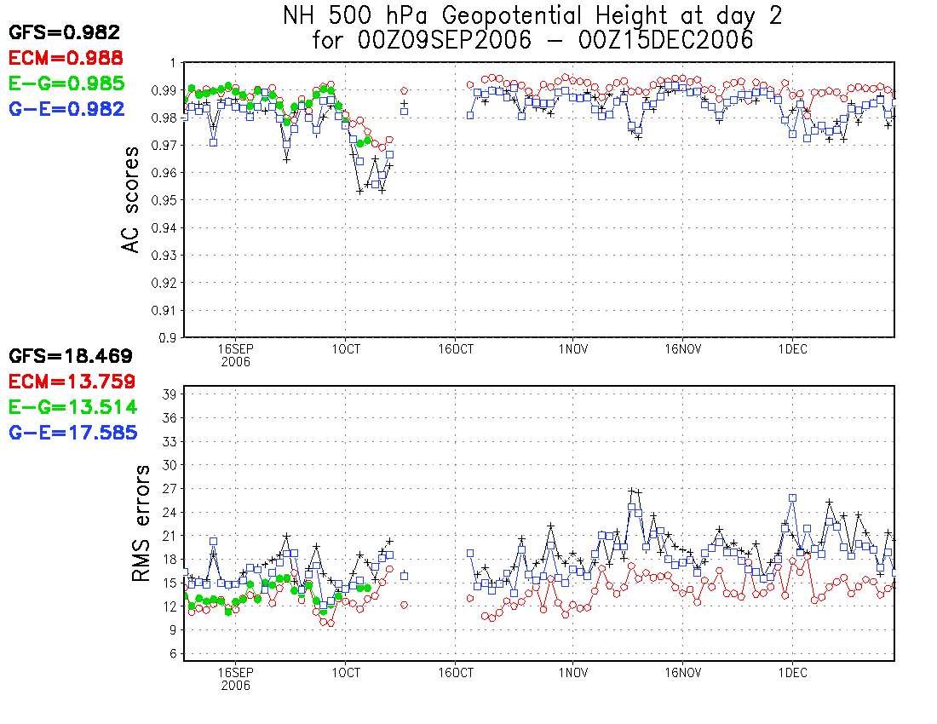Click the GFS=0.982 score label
click(65, 32)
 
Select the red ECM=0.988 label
click(66, 58)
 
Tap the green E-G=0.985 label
click(66, 83)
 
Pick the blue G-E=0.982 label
click(66, 109)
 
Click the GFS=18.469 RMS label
click(71, 356)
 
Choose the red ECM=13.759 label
click(72, 382)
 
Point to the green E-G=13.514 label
click(72, 407)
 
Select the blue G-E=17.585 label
click(72, 433)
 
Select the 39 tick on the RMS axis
click(168, 394)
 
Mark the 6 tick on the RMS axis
click(171, 654)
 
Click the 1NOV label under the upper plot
click(572, 348)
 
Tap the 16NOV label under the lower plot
click(682, 672)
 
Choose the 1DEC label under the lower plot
click(792, 672)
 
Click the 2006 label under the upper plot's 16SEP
click(235, 361)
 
